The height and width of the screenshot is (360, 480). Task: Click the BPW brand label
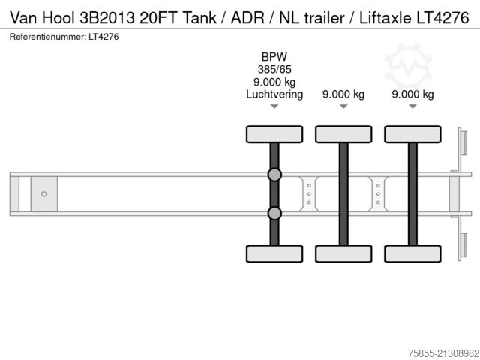coord(274,56)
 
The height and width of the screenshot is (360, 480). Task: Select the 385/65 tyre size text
coord(274,69)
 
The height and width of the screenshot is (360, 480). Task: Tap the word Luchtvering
coord(274,94)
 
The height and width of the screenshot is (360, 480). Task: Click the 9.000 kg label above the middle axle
coord(343,94)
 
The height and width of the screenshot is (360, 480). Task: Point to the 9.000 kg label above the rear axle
coord(412,94)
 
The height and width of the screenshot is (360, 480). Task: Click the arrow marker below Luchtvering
coord(274,107)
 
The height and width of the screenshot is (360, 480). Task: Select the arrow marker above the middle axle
coord(343,107)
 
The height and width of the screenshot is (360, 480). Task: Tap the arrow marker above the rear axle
coord(412,107)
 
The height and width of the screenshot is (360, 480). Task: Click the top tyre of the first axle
coord(274,134)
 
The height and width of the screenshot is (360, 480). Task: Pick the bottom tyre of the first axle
coord(274,253)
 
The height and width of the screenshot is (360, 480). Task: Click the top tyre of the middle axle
coord(343,134)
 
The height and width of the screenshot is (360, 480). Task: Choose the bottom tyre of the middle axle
coord(343,253)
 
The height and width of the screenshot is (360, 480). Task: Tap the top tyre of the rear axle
coord(412,134)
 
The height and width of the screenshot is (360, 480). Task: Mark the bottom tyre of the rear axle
coord(412,253)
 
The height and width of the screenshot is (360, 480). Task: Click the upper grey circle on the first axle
coord(274,175)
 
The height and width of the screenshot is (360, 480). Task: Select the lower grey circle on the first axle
coord(274,214)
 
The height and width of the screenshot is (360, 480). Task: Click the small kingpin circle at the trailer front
coord(44,194)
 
